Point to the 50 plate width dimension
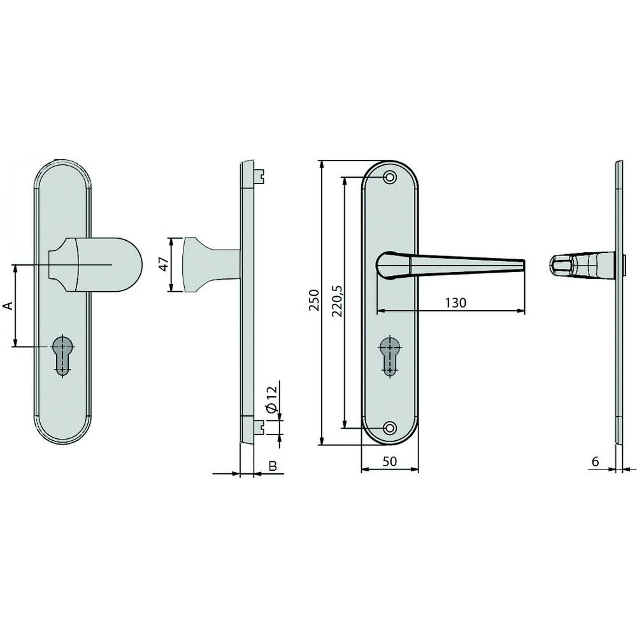click(x=389, y=462)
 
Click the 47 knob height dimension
click(x=162, y=264)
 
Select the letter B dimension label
click(x=273, y=466)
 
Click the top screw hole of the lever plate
click(x=390, y=176)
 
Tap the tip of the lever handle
click(x=522, y=264)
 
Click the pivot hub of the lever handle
click(x=389, y=265)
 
